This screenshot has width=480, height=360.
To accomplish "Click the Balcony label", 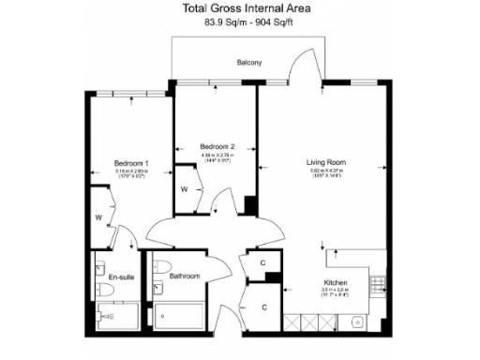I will pos(248,63).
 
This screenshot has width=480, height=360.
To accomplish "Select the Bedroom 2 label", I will pos(217,146).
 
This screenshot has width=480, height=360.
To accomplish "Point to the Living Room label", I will pos(326,162).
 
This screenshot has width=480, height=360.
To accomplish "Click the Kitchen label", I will pos(337,282).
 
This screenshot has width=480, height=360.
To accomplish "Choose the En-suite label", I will pos(120,277).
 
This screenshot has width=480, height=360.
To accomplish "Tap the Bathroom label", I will pos(185,277).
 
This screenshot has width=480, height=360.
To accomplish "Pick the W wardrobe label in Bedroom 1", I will pos(98,217).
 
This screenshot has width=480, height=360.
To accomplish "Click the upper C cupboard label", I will pos(263,262).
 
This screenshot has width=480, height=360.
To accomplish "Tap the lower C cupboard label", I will pos(263,307).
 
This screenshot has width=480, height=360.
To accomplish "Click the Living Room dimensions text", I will pos(326,173).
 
